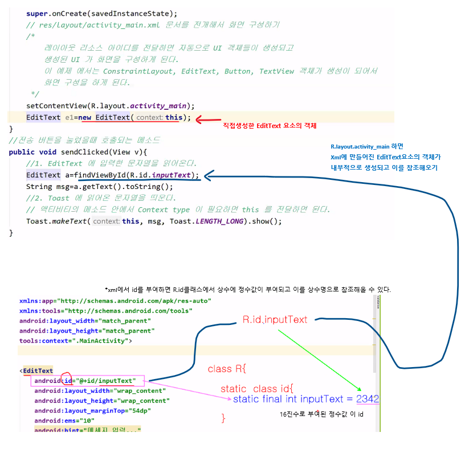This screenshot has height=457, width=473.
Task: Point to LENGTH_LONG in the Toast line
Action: point(217,221)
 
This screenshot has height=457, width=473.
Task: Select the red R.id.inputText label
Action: point(275,319)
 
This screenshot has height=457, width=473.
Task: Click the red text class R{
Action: point(226,369)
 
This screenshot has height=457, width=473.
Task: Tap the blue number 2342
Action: point(367,399)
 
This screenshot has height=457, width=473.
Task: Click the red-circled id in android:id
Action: point(67,380)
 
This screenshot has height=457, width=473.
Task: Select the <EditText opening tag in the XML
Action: point(37,370)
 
